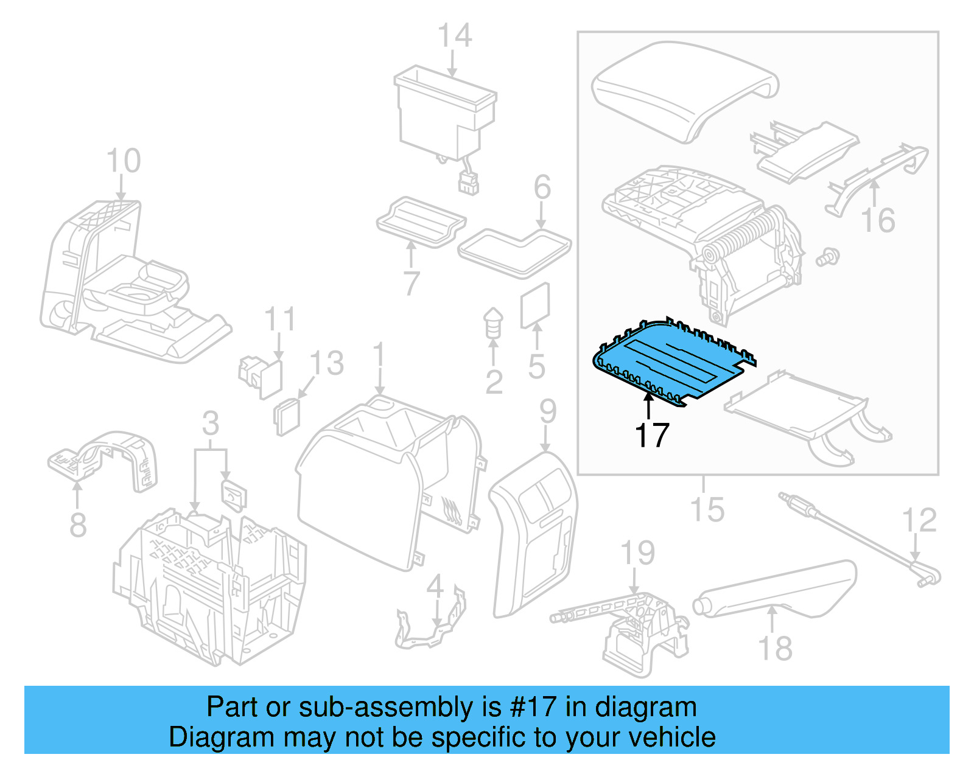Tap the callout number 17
coord(651,435)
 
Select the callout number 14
coord(455,36)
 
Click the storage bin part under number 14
coord(444,116)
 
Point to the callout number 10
coord(124,161)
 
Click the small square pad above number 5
coord(535,305)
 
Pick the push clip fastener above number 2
coord(493,323)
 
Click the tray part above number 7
coord(420,221)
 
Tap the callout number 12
coord(919,521)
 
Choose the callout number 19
coord(637,553)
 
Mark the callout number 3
coord(211,424)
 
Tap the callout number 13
coord(327,364)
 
